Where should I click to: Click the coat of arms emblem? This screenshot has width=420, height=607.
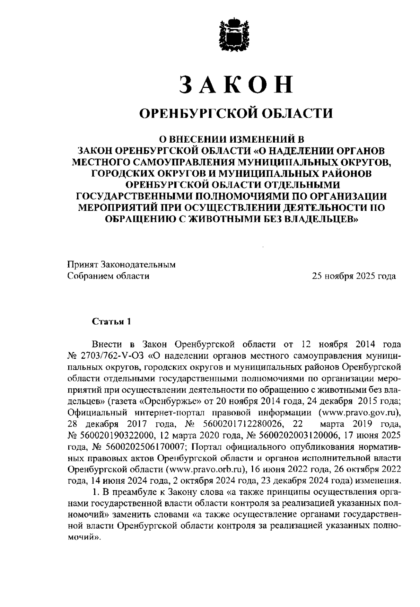click(233, 35)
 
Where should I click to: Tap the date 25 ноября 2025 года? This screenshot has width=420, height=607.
click(354, 276)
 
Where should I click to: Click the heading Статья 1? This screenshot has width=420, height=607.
click(111, 322)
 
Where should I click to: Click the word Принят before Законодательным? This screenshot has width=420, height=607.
click(82, 264)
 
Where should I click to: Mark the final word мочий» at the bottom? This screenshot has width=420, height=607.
click(83, 537)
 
